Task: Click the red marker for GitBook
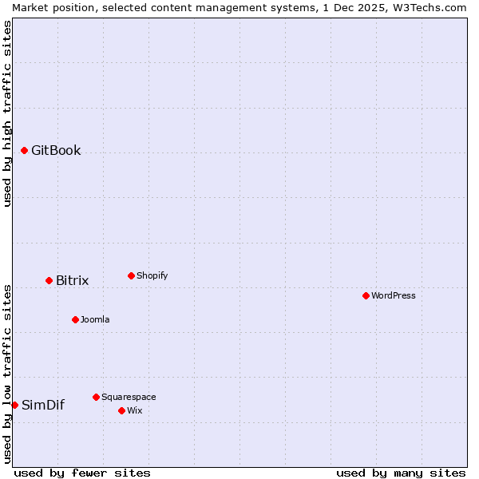[25, 150]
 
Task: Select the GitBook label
[56, 151]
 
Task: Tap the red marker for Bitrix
[49, 280]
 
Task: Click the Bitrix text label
[72, 281]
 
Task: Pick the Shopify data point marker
[131, 275]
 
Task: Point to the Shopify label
[152, 276]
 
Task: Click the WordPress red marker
[366, 295]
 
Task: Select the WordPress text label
[393, 296]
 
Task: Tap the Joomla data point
[75, 319]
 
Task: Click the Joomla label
[95, 320]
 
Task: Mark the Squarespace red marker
[96, 397]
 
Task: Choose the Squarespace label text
[129, 398]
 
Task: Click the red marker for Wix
[121, 410]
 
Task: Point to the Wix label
[134, 411]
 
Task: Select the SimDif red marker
[14, 405]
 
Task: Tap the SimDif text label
[43, 406]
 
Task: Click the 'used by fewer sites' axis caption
[82, 473]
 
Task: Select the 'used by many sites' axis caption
[401, 473]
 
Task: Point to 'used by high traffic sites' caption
[8, 113]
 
